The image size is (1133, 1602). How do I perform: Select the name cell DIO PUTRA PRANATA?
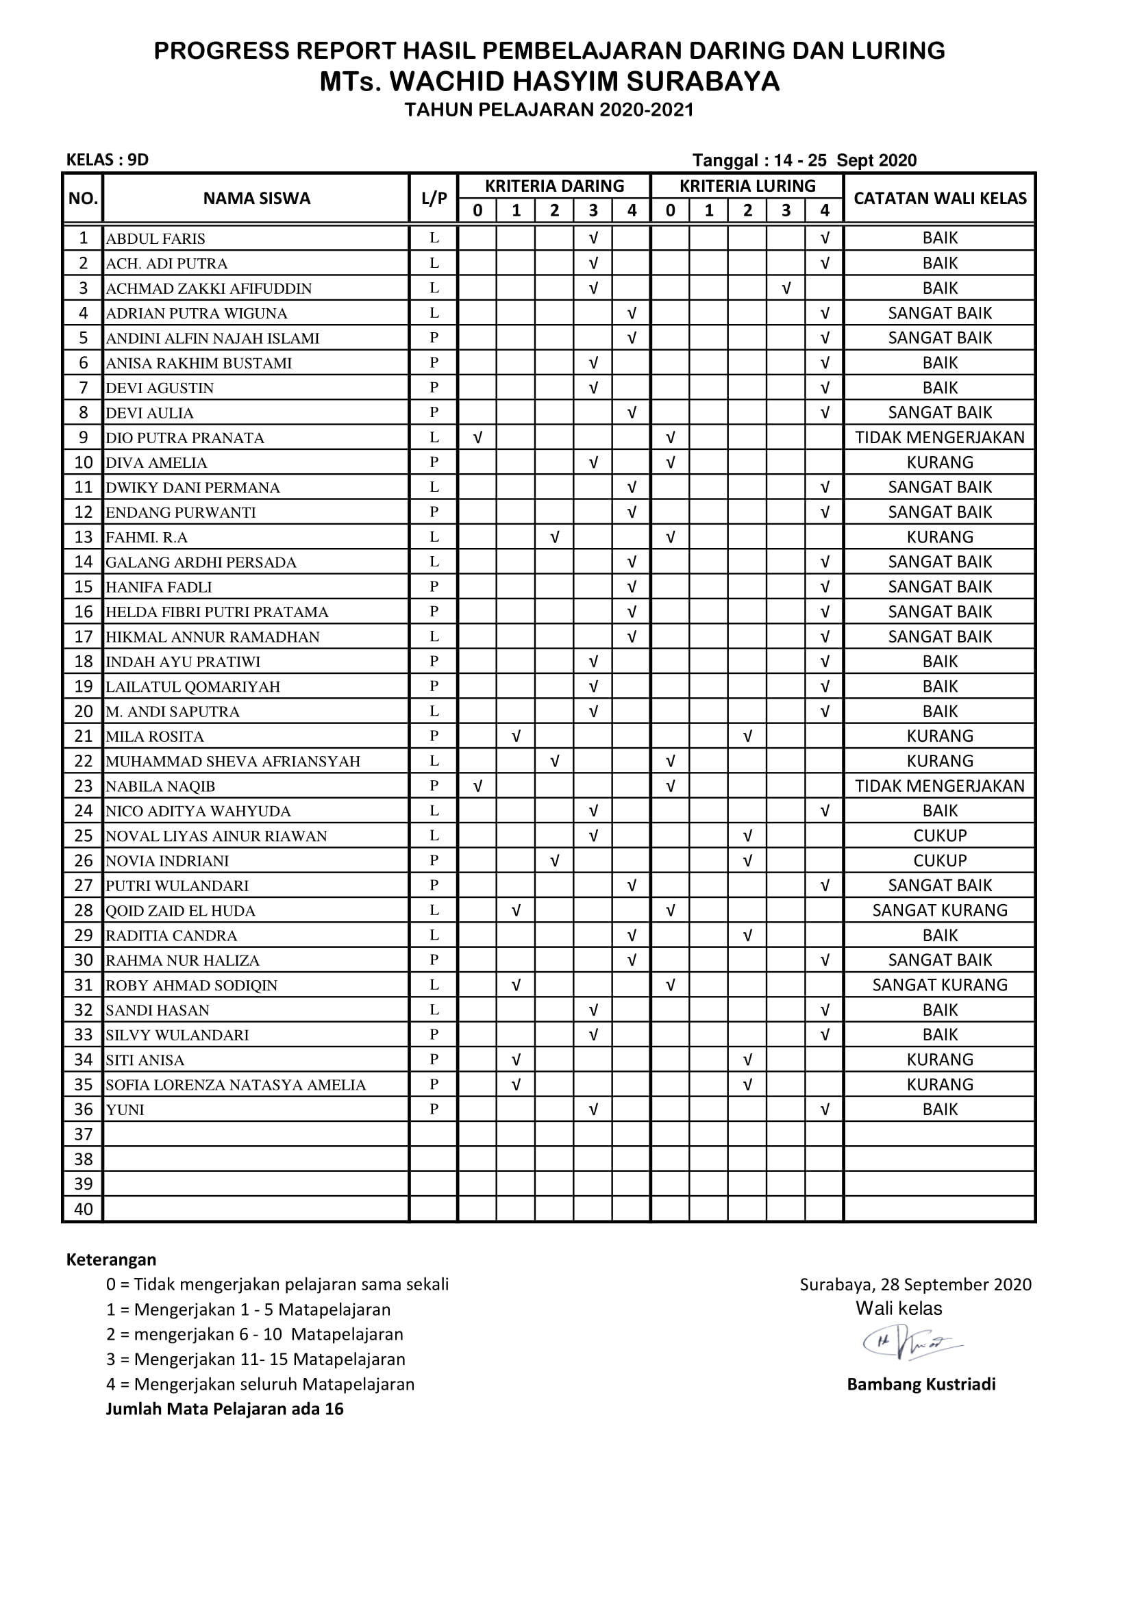(185, 438)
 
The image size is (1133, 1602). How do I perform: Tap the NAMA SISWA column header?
(256, 199)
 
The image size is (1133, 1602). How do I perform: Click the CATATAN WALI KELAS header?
(940, 199)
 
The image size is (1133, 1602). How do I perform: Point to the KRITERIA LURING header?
(747, 186)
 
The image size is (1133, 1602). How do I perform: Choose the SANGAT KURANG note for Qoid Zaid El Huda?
(940, 910)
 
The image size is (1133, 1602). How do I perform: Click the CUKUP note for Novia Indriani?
(940, 861)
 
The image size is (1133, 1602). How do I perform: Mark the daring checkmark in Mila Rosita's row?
(516, 736)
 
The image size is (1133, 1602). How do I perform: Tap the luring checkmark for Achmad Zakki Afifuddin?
(786, 288)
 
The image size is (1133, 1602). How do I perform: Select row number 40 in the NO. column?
(83, 1209)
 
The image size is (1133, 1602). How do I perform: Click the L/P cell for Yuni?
(434, 1110)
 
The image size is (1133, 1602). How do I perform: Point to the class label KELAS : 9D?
(108, 160)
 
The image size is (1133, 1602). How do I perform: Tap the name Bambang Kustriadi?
(921, 1384)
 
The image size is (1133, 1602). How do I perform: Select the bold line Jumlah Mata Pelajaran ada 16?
(225, 1409)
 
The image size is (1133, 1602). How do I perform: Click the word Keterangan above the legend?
(111, 1260)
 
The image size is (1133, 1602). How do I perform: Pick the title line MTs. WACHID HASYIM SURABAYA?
(549, 82)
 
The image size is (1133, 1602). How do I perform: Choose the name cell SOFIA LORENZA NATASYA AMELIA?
(236, 1085)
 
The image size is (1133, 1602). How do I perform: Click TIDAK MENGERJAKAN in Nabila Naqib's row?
(940, 786)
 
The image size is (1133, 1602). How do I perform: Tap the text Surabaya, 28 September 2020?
(915, 1284)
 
